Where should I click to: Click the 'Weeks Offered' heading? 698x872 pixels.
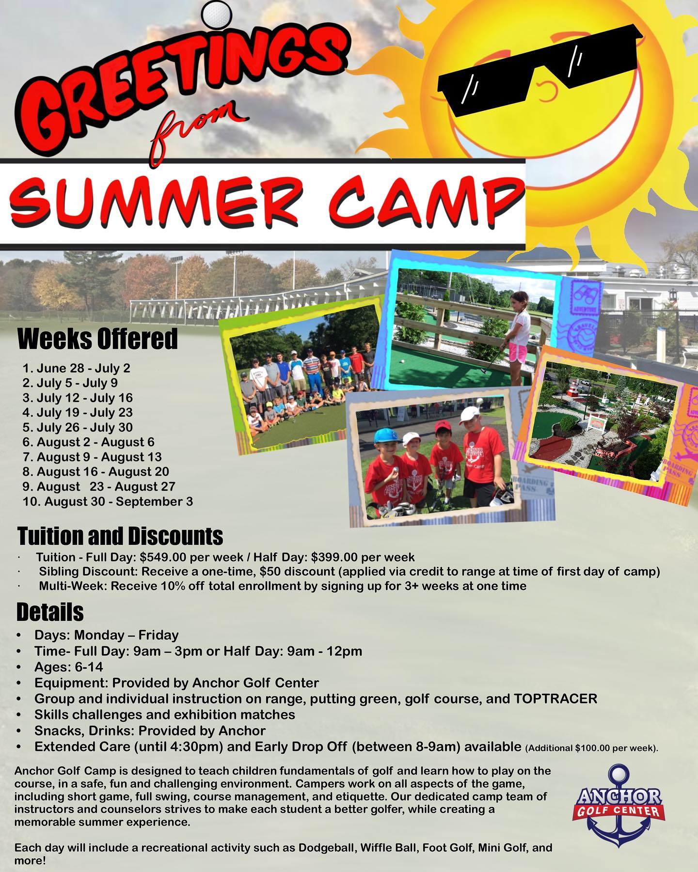point(97,339)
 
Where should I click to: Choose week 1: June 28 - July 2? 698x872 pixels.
point(77,368)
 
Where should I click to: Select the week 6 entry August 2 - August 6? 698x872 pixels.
point(88,442)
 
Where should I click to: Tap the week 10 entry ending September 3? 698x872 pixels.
point(108,501)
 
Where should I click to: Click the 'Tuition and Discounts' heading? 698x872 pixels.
point(120,536)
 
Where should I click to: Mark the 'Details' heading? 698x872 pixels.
point(50,612)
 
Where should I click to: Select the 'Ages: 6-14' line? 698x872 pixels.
point(68,667)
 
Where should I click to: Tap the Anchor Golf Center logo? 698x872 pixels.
point(618,805)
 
